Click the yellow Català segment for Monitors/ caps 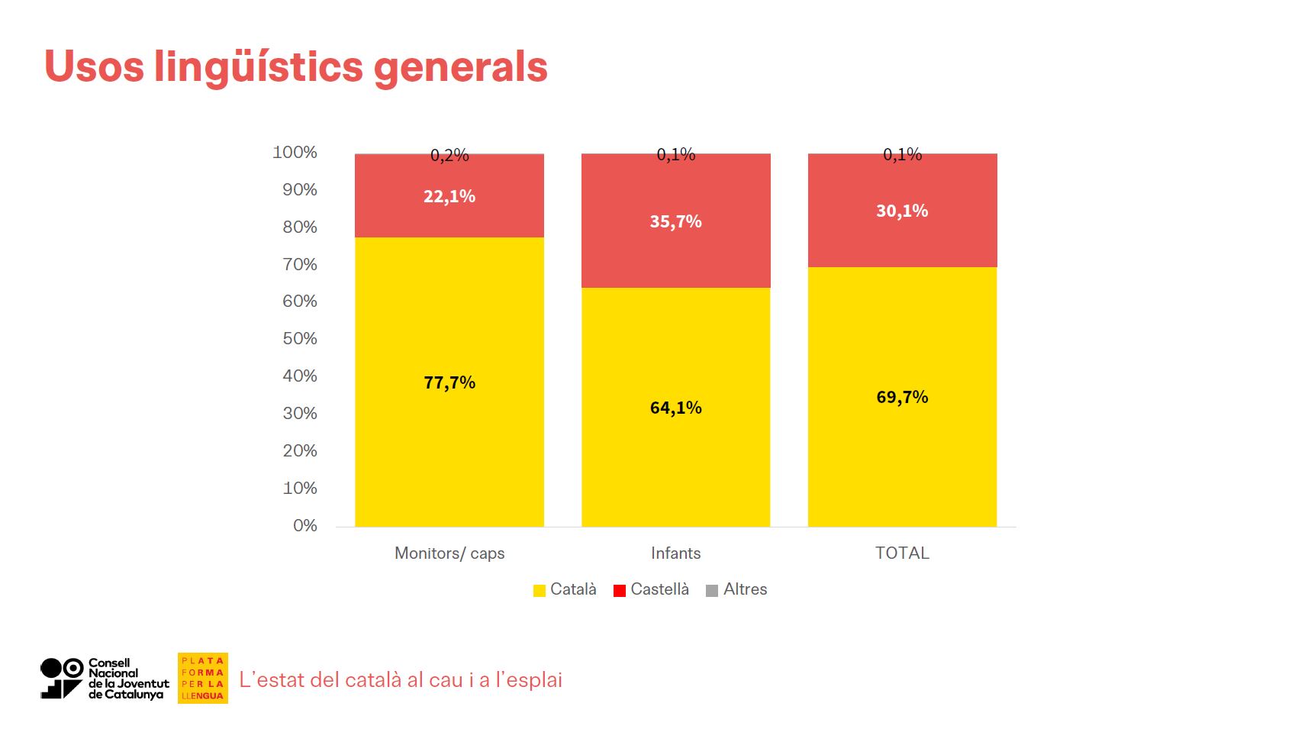click(449, 443)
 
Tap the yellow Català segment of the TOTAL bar click(902, 458)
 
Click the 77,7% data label click(449, 382)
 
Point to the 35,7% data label click(675, 221)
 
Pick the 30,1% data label click(902, 211)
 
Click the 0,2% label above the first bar click(449, 155)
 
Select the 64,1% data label click(675, 408)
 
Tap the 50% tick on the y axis click(300, 338)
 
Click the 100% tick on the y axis click(295, 152)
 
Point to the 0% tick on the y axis click(304, 525)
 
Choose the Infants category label click(675, 553)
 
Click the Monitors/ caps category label click(449, 553)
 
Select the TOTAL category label click(902, 553)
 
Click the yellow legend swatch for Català click(540, 590)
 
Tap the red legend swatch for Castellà click(620, 590)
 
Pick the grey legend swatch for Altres click(712, 590)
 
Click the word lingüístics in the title click(258, 66)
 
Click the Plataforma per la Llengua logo click(203, 678)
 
